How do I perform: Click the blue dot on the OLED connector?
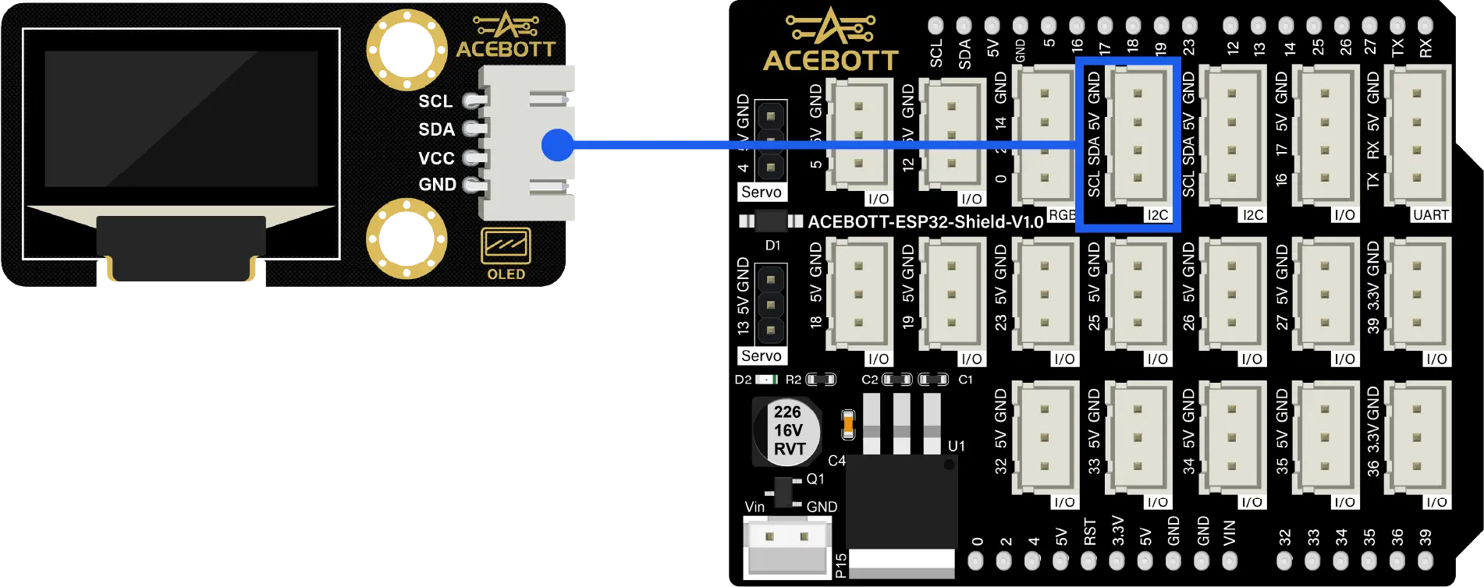tap(558, 145)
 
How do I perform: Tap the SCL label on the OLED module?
tap(435, 101)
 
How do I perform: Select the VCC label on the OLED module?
tap(436, 158)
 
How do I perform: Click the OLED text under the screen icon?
tap(506, 274)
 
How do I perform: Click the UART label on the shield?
tap(1430, 215)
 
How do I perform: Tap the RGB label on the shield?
tap(1061, 215)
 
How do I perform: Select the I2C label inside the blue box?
tap(1157, 215)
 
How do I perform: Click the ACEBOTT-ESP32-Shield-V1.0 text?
tap(925, 222)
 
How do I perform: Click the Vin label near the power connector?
tap(754, 507)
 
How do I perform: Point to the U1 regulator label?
tap(956, 446)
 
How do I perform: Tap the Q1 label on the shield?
tap(815, 479)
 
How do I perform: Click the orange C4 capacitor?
tap(848, 425)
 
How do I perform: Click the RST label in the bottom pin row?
tap(1090, 532)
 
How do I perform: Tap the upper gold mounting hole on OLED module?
tap(407, 49)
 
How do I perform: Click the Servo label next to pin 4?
tap(761, 193)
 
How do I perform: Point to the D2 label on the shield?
tap(743, 380)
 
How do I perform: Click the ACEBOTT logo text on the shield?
tap(830, 60)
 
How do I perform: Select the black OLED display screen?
tap(181, 118)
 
